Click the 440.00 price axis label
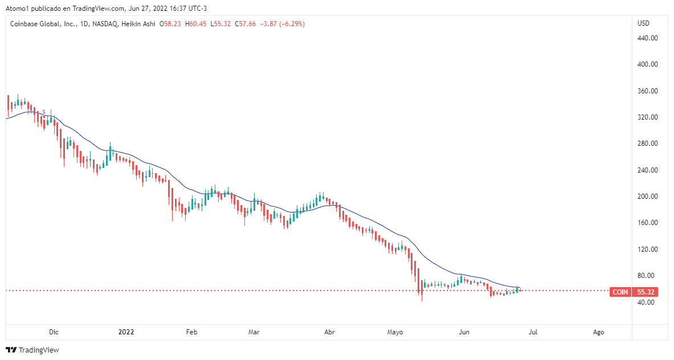click(647, 38)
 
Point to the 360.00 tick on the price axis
click(647, 91)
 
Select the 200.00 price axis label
click(647, 197)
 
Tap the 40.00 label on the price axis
click(646, 302)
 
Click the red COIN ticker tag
click(620, 292)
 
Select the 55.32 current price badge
click(645, 292)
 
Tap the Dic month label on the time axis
click(54, 332)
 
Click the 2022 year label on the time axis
click(125, 332)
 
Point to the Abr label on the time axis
click(329, 332)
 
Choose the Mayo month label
click(395, 332)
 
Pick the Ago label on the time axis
click(598, 332)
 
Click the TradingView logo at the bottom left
click(32, 350)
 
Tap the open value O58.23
click(170, 24)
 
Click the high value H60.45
click(196, 24)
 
